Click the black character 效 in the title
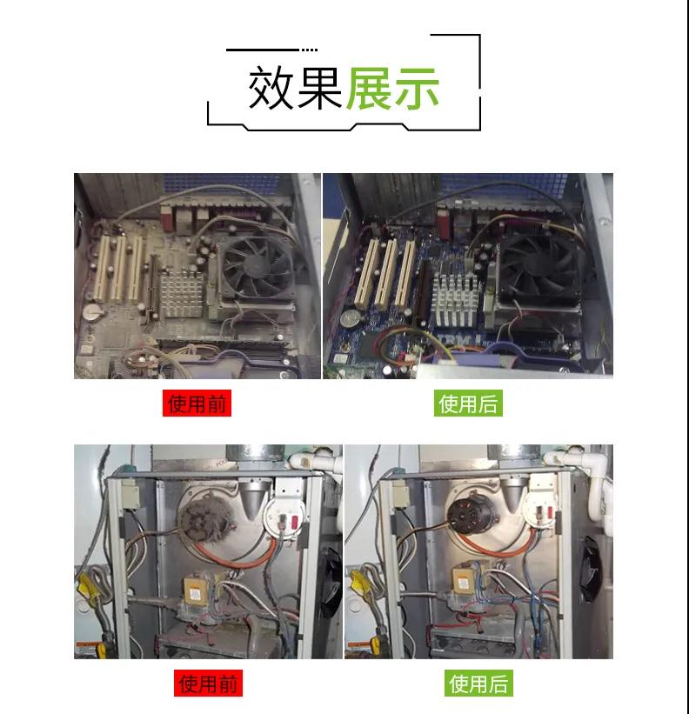coord(271,88)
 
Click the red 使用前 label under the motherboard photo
coord(197,403)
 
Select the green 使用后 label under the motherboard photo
coord(468,403)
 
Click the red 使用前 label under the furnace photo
coord(208,683)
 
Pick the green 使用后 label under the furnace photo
coord(478,683)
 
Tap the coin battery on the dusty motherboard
coord(93,313)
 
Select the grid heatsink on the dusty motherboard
coord(181,293)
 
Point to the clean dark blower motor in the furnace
coord(468,515)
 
